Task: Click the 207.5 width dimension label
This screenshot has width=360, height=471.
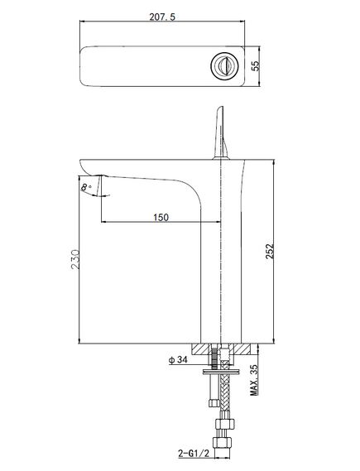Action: point(162,17)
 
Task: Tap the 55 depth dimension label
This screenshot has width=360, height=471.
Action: point(255,66)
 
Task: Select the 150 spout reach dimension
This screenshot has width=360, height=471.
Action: point(161,217)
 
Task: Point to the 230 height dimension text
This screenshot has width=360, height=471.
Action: point(75,259)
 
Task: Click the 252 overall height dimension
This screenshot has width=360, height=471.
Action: point(270,251)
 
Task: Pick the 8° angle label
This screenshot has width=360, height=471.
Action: point(86,187)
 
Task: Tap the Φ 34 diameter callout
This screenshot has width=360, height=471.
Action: point(179,359)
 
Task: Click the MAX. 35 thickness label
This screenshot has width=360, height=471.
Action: point(254,380)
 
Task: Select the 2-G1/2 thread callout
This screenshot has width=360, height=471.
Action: point(194,453)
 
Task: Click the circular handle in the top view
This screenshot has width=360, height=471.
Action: point(224,66)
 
